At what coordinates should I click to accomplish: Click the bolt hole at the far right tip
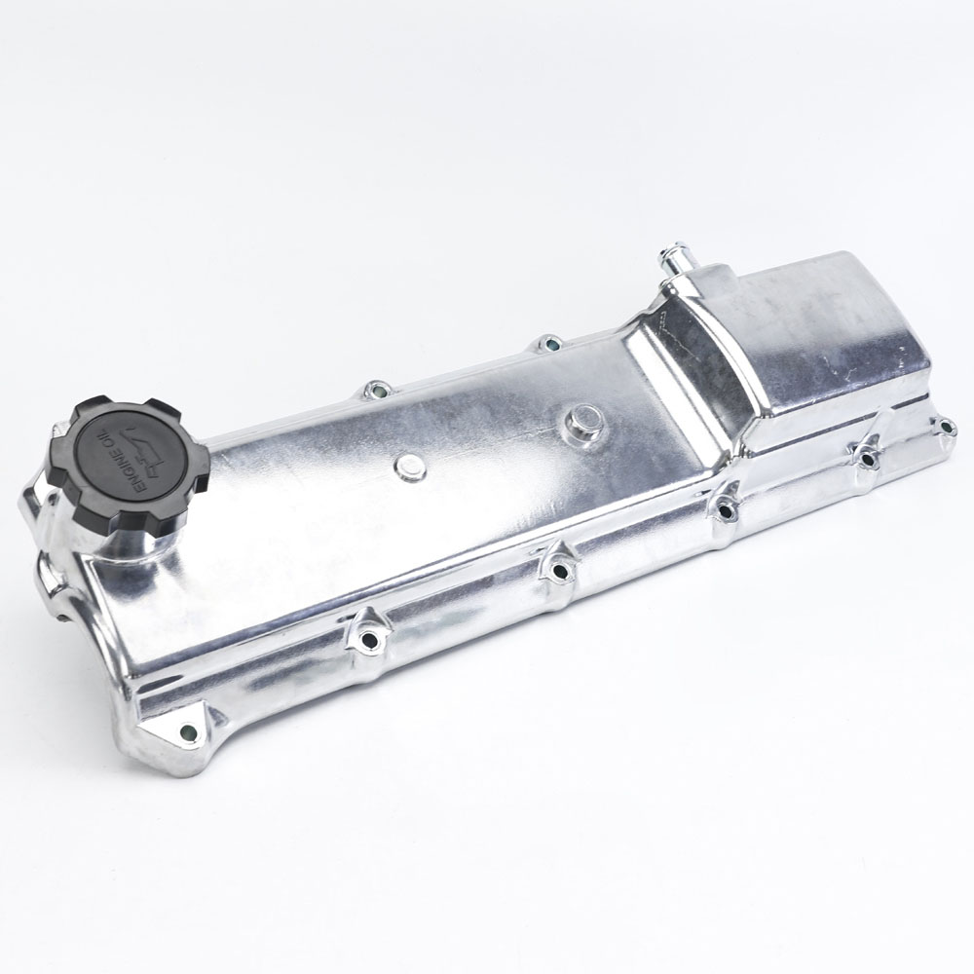click(x=945, y=427)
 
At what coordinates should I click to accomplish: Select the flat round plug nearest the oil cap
click(x=410, y=466)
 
